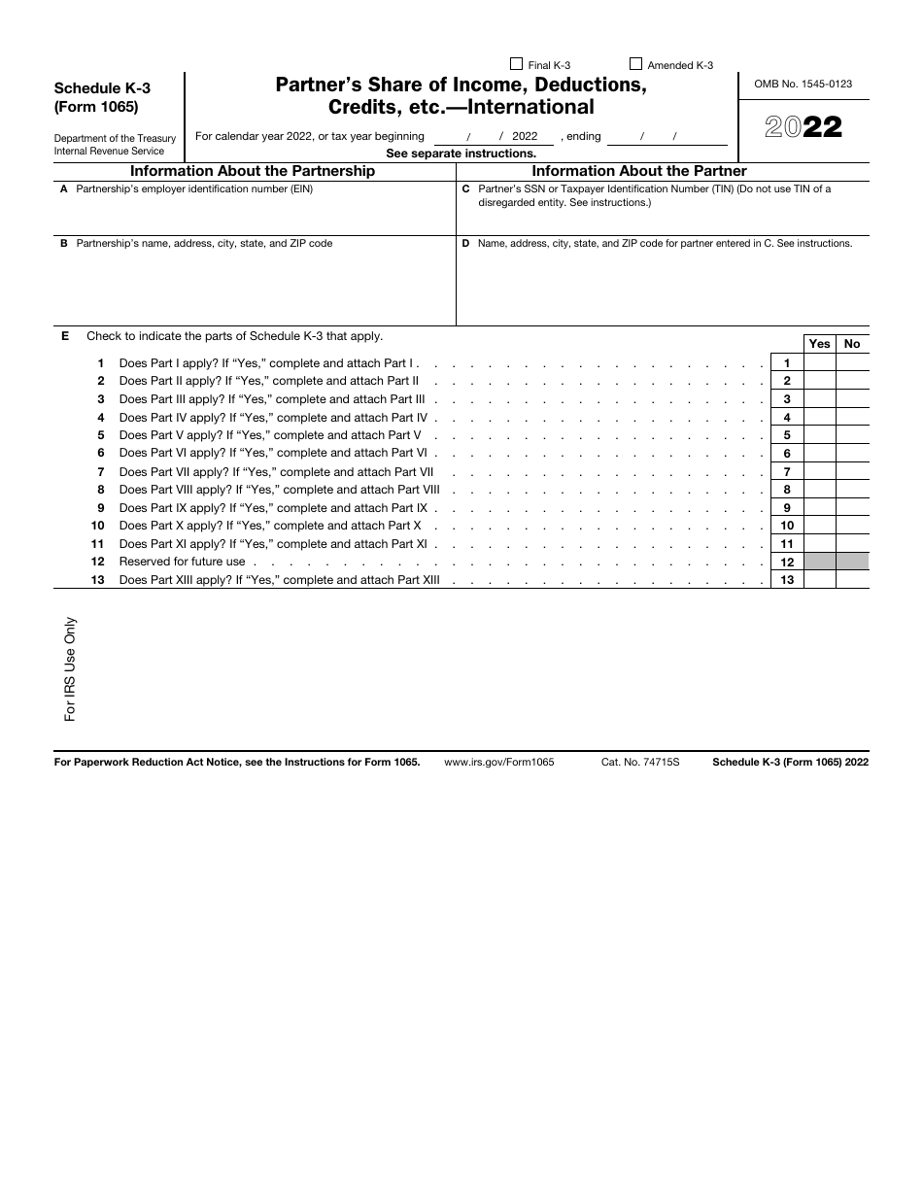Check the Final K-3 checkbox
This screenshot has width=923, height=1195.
(517, 65)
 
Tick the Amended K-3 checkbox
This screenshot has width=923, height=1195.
(636, 65)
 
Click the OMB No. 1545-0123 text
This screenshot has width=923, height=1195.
(803, 85)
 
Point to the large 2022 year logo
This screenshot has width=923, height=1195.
(803, 127)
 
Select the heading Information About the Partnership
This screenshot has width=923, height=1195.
(253, 171)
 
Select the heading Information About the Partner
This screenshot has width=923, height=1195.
(639, 171)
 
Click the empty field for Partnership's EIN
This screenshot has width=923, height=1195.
(253, 216)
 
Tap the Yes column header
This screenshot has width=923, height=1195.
(820, 344)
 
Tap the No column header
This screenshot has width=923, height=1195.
(852, 344)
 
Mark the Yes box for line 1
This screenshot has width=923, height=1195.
(820, 363)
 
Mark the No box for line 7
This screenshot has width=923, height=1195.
(852, 472)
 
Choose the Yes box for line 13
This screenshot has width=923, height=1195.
(820, 580)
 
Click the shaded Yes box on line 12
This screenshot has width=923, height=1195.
(820, 562)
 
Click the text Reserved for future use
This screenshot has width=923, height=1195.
(182, 562)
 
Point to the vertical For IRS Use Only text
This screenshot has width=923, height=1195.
(70, 669)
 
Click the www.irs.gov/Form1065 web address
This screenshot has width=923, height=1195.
(498, 763)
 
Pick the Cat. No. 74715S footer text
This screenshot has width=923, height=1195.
(639, 763)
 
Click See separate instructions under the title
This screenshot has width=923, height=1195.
(461, 154)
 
